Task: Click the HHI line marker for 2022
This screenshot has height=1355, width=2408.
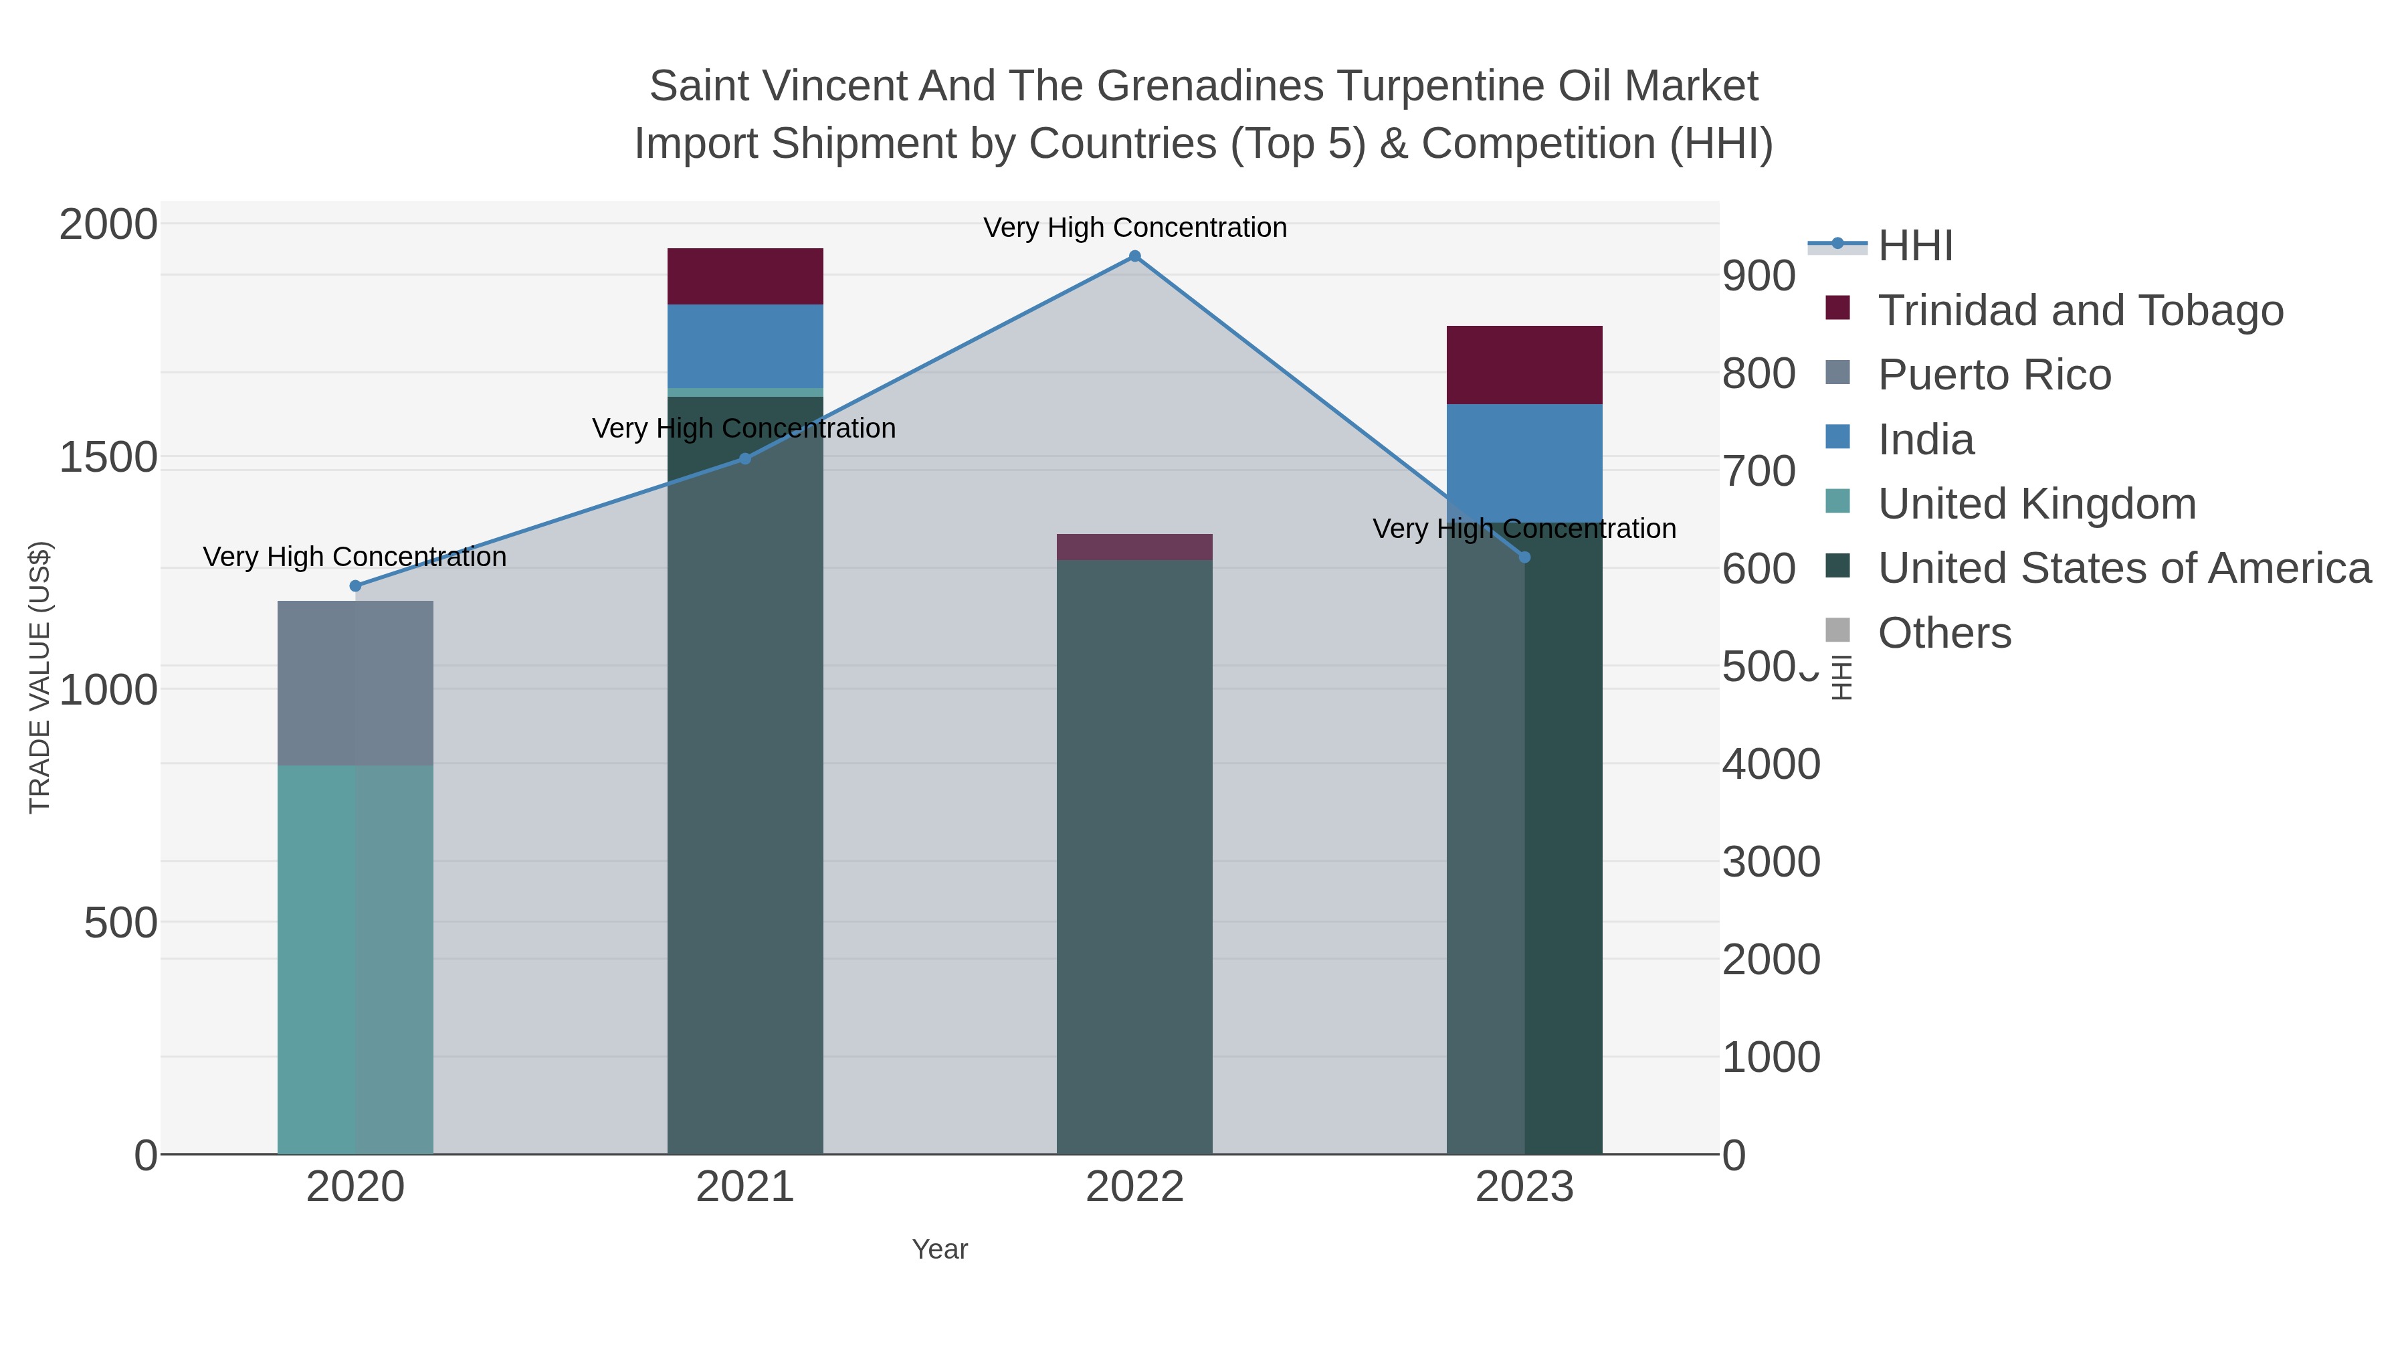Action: click(1135, 256)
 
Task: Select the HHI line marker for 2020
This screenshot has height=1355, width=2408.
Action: click(355, 586)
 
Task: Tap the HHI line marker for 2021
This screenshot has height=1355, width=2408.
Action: click(745, 459)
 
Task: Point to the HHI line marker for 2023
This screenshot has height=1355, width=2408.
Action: click(1524, 557)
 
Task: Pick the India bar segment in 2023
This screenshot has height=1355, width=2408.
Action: click(1524, 463)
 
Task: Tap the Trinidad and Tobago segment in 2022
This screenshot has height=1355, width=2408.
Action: click(1135, 547)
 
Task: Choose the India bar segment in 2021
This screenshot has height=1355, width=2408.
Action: click(745, 346)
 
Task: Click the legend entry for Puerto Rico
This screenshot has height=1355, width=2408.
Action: click(1994, 375)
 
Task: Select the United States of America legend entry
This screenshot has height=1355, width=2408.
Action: click(2124, 569)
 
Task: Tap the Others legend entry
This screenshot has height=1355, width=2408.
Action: click(1944, 633)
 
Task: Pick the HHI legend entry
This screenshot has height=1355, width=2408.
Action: click(1914, 246)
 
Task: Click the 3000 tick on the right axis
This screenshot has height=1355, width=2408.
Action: click(1771, 863)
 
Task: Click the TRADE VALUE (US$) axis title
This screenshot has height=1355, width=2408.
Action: click(40, 677)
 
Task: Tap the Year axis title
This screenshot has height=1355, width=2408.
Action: click(940, 1249)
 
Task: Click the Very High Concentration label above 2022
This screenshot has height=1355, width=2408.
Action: click(1135, 228)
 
